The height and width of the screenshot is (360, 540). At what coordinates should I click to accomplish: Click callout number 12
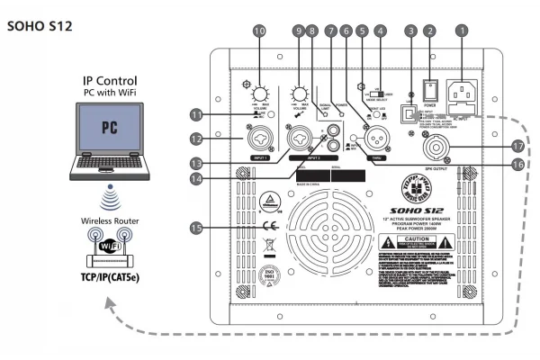pyautogui.click(x=196, y=139)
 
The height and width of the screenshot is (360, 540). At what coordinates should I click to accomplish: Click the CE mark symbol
pyautogui.click(x=269, y=226)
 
